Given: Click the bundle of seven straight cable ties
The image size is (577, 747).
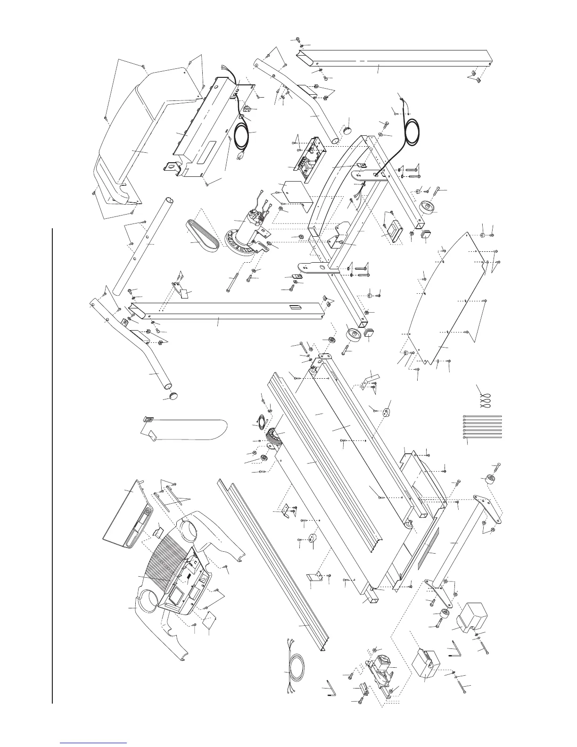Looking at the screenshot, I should point(483,427).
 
